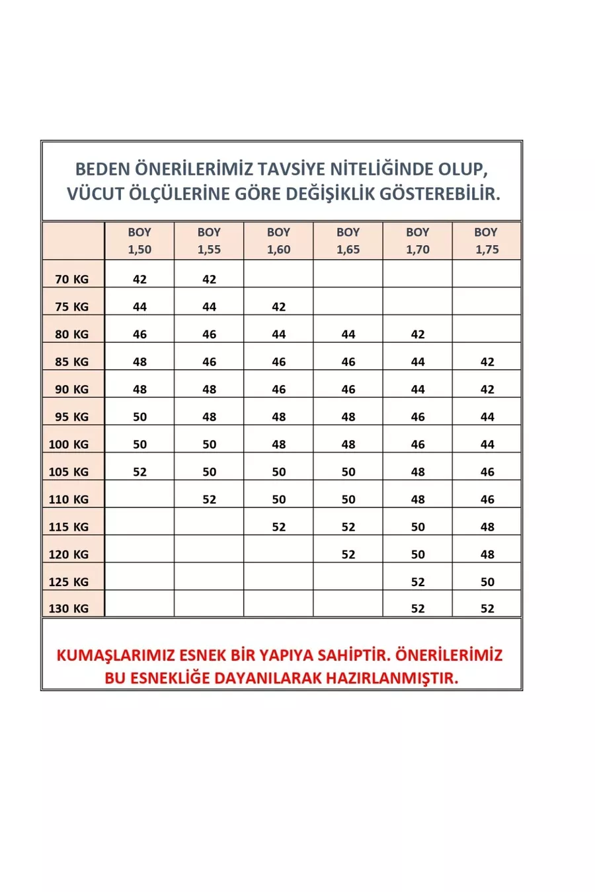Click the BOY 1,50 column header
tap(139, 241)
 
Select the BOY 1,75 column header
tap(487, 241)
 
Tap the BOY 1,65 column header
tap(348, 241)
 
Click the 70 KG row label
tap(72, 279)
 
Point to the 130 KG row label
tap(69, 609)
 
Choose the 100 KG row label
tap(69, 444)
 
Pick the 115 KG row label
tap(69, 527)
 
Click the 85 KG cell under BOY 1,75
tap(487, 362)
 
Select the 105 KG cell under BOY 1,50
tap(139, 472)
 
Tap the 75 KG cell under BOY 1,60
tap(279, 307)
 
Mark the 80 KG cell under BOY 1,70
tap(418, 334)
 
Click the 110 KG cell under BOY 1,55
tap(210, 500)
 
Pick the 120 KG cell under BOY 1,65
tap(348, 554)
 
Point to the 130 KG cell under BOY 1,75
tap(487, 609)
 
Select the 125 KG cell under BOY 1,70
tap(418, 582)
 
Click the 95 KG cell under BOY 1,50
tap(139, 417)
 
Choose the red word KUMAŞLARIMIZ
tap(116, 655)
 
